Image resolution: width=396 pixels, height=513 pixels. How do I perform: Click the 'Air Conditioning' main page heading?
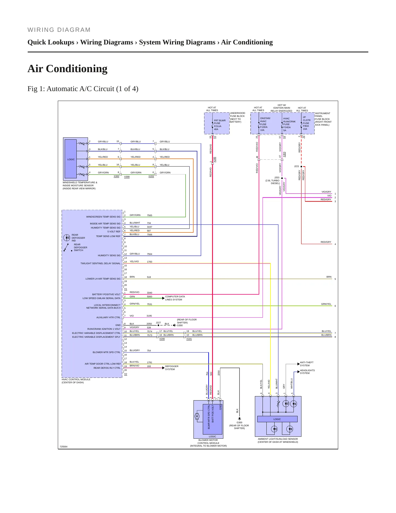coord(67,69)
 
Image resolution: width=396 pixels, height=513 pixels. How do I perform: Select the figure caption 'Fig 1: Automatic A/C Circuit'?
coord(71,89)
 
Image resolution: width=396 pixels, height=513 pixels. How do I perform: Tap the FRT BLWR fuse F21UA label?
coord(220,125)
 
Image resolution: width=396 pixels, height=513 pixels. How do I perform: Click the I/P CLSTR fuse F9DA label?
coord(307,123)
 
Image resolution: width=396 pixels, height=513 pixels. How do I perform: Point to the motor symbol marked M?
coord(197,416)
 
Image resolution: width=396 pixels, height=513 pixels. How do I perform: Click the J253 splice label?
coord(277,177)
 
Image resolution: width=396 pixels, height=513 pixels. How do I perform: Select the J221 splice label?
coord(297,166)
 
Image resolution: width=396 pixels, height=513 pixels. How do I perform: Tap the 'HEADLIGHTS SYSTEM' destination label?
coord(307,372)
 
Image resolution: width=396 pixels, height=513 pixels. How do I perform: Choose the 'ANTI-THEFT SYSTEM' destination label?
coord(307,364)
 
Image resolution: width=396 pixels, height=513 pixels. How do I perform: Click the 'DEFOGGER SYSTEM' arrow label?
coord(172,368)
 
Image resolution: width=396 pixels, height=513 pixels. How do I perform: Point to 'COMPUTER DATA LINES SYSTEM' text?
coord(175,298)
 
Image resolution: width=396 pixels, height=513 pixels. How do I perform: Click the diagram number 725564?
coord(63,447)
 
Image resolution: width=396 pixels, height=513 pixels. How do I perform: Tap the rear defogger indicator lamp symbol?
coord(67,238)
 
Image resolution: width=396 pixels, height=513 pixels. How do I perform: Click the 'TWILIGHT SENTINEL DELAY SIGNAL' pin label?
coord(100,263)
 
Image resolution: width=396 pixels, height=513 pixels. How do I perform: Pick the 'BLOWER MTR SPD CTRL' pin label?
coord(106,352)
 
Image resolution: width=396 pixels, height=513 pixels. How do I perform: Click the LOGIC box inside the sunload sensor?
coord(277,419)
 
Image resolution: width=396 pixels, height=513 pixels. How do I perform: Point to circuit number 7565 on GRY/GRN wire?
coord(149,215)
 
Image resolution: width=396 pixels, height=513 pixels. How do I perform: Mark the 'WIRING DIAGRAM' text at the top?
coord(59,30)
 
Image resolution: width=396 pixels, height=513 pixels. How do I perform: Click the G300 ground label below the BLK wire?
coord(239,422)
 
